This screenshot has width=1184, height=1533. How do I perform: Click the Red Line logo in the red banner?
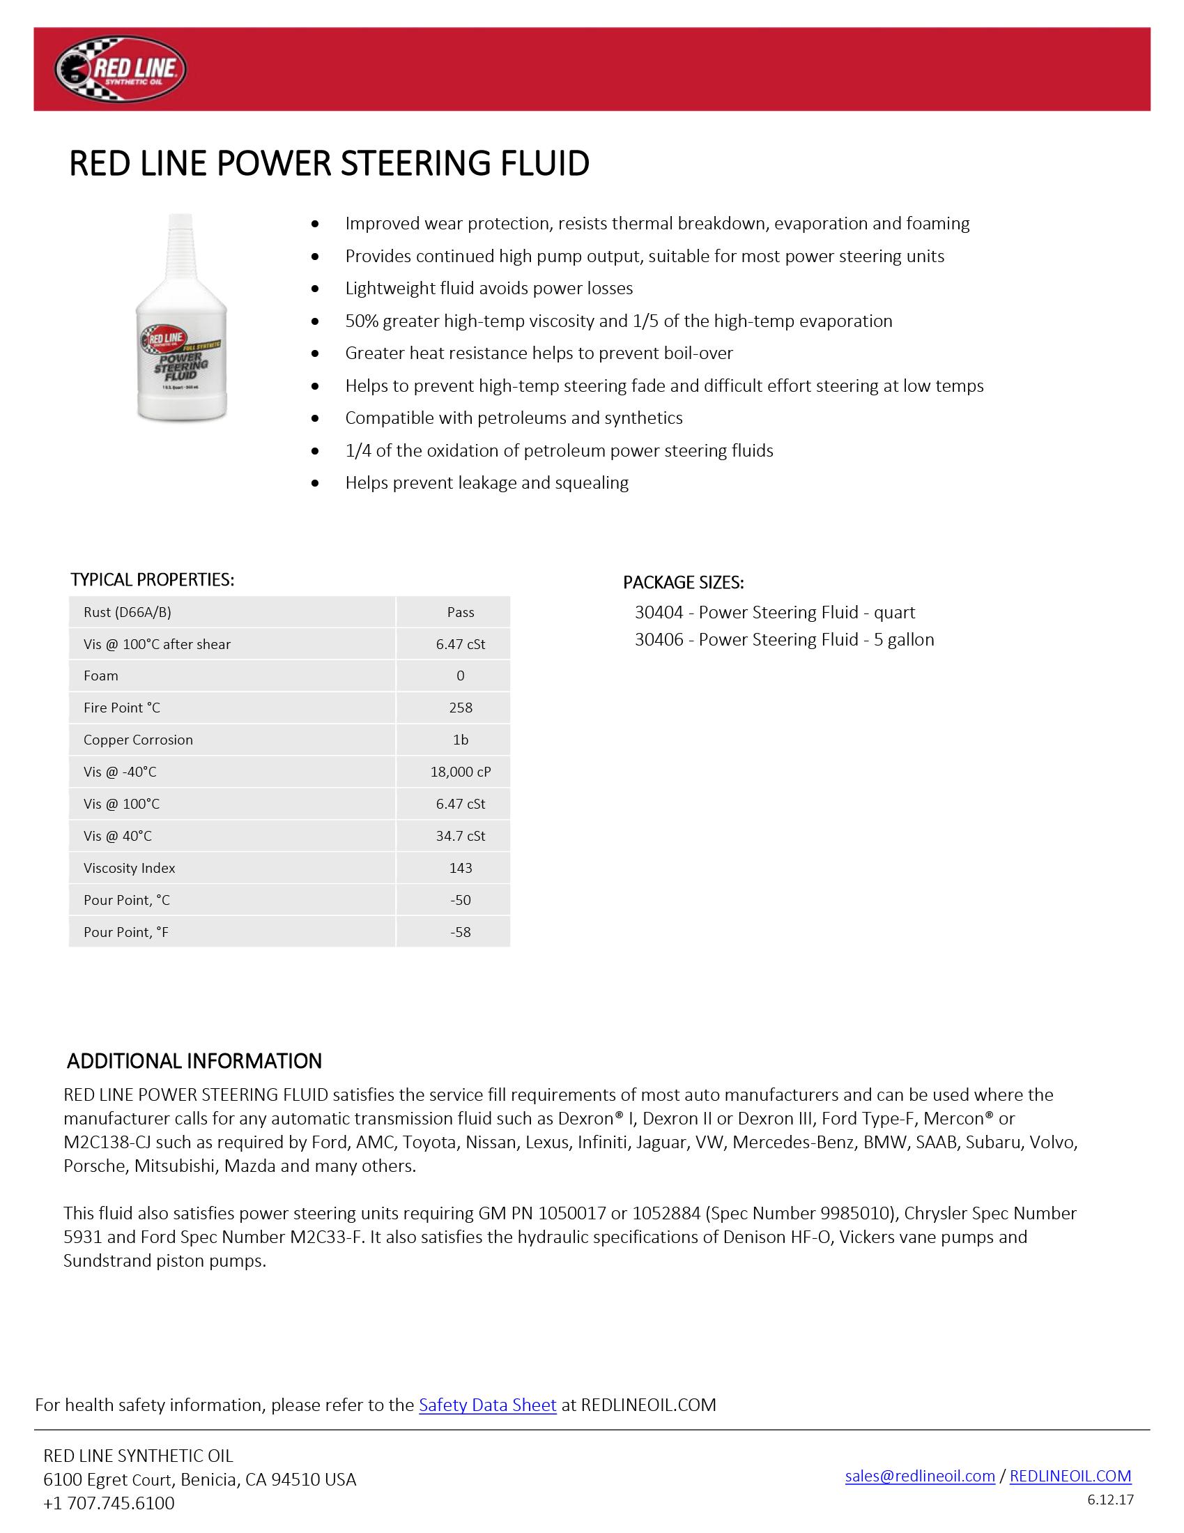121,70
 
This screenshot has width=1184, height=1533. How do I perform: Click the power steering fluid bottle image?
181,318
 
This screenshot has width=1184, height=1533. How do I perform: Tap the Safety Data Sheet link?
487,1405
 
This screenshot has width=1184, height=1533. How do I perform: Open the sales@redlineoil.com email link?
919,1475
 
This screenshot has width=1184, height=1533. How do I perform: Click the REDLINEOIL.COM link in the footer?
1070,1475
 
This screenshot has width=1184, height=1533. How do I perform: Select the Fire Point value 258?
461,708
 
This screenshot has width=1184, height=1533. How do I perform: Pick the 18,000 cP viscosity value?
461,772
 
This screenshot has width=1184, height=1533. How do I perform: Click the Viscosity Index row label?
129,868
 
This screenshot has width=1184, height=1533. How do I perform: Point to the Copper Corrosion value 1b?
461,740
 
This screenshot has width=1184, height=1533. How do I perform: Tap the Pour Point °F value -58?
461,932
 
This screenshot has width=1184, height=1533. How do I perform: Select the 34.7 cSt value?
461,836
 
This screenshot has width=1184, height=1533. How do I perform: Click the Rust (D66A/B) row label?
127,612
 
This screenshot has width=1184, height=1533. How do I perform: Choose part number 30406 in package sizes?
659,639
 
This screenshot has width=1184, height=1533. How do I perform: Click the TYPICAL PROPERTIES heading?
153,580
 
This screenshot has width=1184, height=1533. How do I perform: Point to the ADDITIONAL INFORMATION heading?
194,1060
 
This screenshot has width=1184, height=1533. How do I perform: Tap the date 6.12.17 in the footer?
1110,1500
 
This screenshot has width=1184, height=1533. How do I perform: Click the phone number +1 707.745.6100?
109,1503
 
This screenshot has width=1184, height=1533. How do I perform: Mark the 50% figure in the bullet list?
362,321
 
